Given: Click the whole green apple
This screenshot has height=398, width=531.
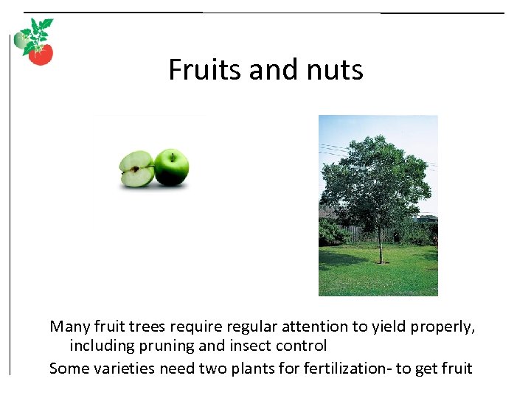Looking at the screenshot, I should (172, 168).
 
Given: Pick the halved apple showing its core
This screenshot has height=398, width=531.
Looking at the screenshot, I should (136, 170).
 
